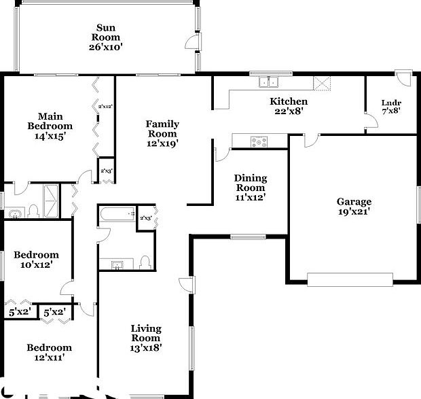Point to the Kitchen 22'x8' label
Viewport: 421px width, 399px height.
(289, 106)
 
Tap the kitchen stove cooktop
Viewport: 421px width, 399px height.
(259, 142)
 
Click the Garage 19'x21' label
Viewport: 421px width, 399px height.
(354, 207)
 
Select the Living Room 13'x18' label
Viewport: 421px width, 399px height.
(146, 338)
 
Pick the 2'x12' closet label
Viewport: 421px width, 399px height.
(105, 107)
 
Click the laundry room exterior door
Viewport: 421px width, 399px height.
(403, 77)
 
